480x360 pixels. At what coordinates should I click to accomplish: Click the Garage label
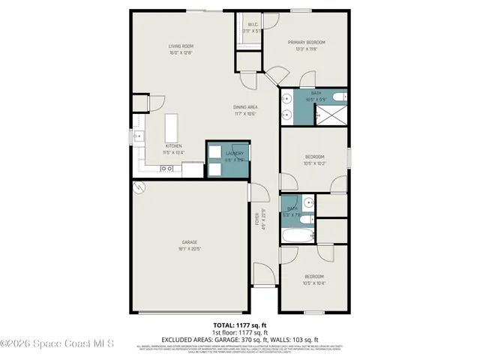click(190, 241)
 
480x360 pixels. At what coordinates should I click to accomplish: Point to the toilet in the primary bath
click(338, 94)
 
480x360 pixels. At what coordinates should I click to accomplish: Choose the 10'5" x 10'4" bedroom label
click(314, 280)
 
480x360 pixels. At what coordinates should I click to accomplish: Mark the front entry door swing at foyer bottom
click(263, 274)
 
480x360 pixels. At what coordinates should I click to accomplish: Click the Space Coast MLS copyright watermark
click(57, 344)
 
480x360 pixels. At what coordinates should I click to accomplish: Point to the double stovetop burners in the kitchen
click(169, 169)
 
